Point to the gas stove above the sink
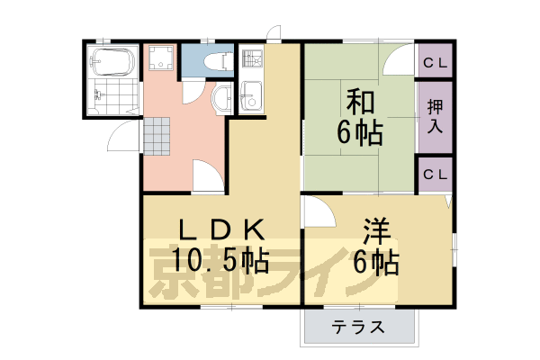coord(250,61)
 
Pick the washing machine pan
coord(162,60)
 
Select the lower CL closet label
coord(436,172)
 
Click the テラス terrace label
coord(358,328)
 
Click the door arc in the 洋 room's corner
coord(315,211)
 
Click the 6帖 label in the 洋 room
coord(375,263)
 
